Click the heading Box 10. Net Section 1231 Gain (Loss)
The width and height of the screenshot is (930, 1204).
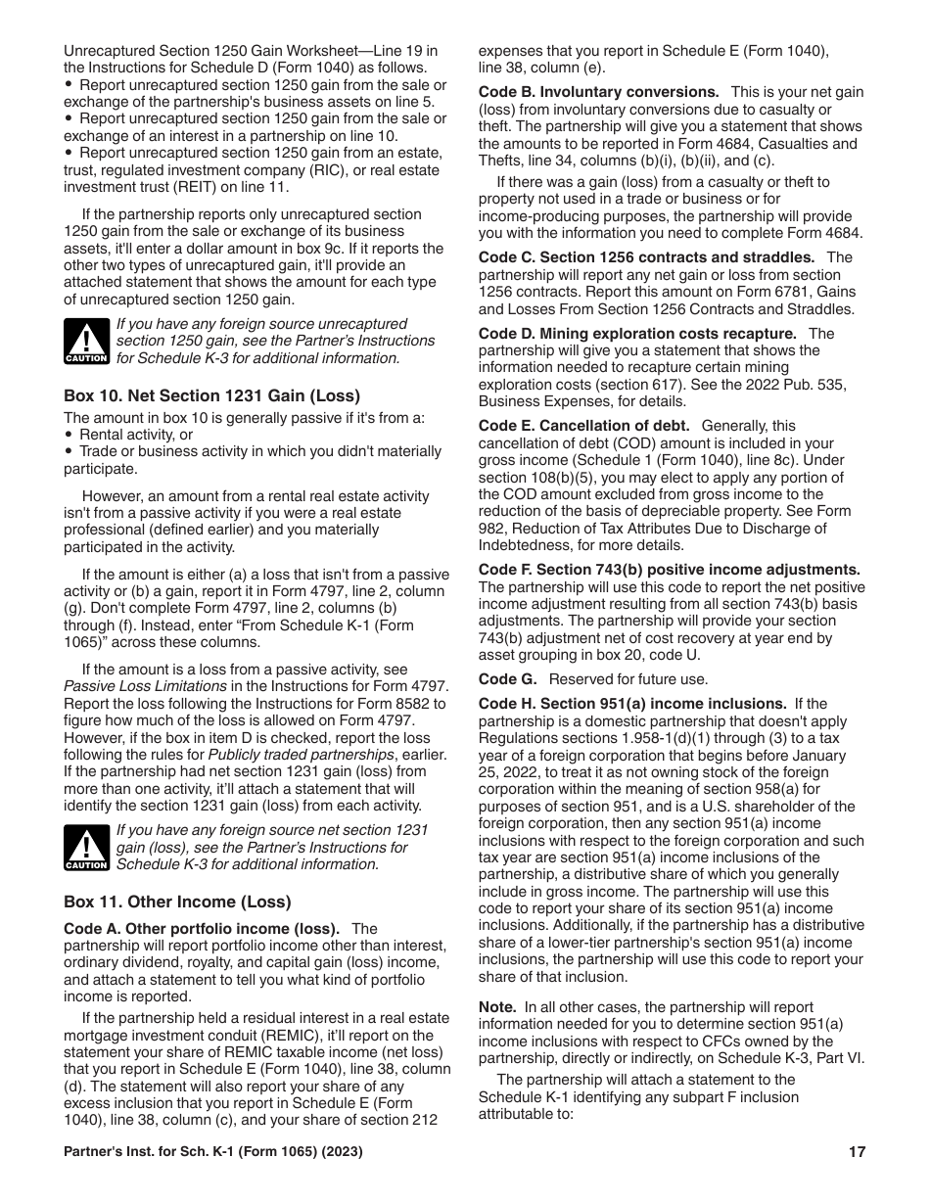coord(211,395)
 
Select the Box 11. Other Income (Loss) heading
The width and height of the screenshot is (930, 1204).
coord(177,902)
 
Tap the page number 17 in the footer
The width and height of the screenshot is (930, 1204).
coord(857,1152)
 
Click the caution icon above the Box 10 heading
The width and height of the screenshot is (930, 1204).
coord(86,342)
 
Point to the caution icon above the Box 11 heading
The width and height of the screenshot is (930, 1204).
coord(86,848)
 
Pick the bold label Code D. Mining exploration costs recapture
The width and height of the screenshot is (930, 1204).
coord(637,333)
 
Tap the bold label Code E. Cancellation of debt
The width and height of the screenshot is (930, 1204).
coord(584,426)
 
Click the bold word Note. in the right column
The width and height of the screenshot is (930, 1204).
coord(497,1007)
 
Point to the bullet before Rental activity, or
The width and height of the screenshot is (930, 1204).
coord(69,435)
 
